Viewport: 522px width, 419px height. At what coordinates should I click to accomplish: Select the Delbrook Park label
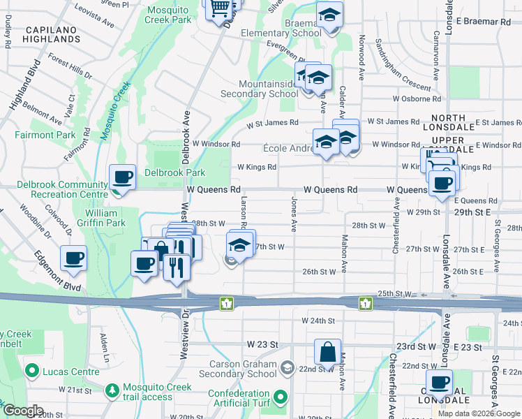coord(174,172)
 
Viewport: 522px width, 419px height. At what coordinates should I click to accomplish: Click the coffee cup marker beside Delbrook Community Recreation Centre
coord(123,178)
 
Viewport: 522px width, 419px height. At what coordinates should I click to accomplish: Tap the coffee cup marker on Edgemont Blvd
coord(74,259)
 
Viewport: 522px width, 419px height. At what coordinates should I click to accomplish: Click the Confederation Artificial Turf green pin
coord(281,397)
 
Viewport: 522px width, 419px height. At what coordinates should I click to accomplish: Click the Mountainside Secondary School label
coord(259,88)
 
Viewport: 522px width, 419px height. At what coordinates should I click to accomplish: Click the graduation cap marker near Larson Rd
coord(239,247)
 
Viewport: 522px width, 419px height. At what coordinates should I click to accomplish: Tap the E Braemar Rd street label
coord(483,22)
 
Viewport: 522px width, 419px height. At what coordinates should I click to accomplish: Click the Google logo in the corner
coord(22,411)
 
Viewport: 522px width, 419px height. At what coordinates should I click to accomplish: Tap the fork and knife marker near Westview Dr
coord(177,266)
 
